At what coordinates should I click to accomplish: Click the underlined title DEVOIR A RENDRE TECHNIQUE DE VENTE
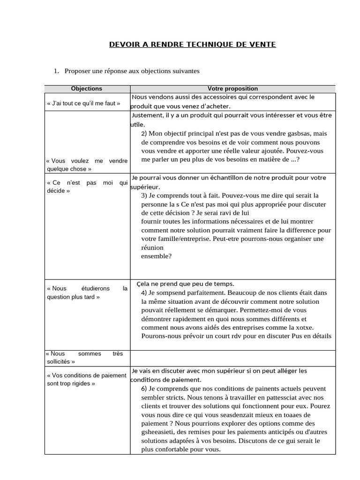tap(193, 45)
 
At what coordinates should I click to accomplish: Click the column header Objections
tap(86, 89)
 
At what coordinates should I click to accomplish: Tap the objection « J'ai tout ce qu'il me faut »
tap(83, 103)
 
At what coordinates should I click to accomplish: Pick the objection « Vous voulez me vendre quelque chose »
tap(87, 165)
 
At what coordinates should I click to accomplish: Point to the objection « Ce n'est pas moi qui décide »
tap(87, 187)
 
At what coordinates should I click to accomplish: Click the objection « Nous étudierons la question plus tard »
tap(87, 292)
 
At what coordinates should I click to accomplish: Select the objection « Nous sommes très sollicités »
tap(87, 358)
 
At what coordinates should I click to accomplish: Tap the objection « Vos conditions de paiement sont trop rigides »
tap(87, 379)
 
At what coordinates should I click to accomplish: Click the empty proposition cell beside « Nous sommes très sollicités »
tap(232, 358)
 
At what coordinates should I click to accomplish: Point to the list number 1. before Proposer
tap(56, 71)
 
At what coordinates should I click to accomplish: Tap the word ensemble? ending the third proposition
tap(156, 256)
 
